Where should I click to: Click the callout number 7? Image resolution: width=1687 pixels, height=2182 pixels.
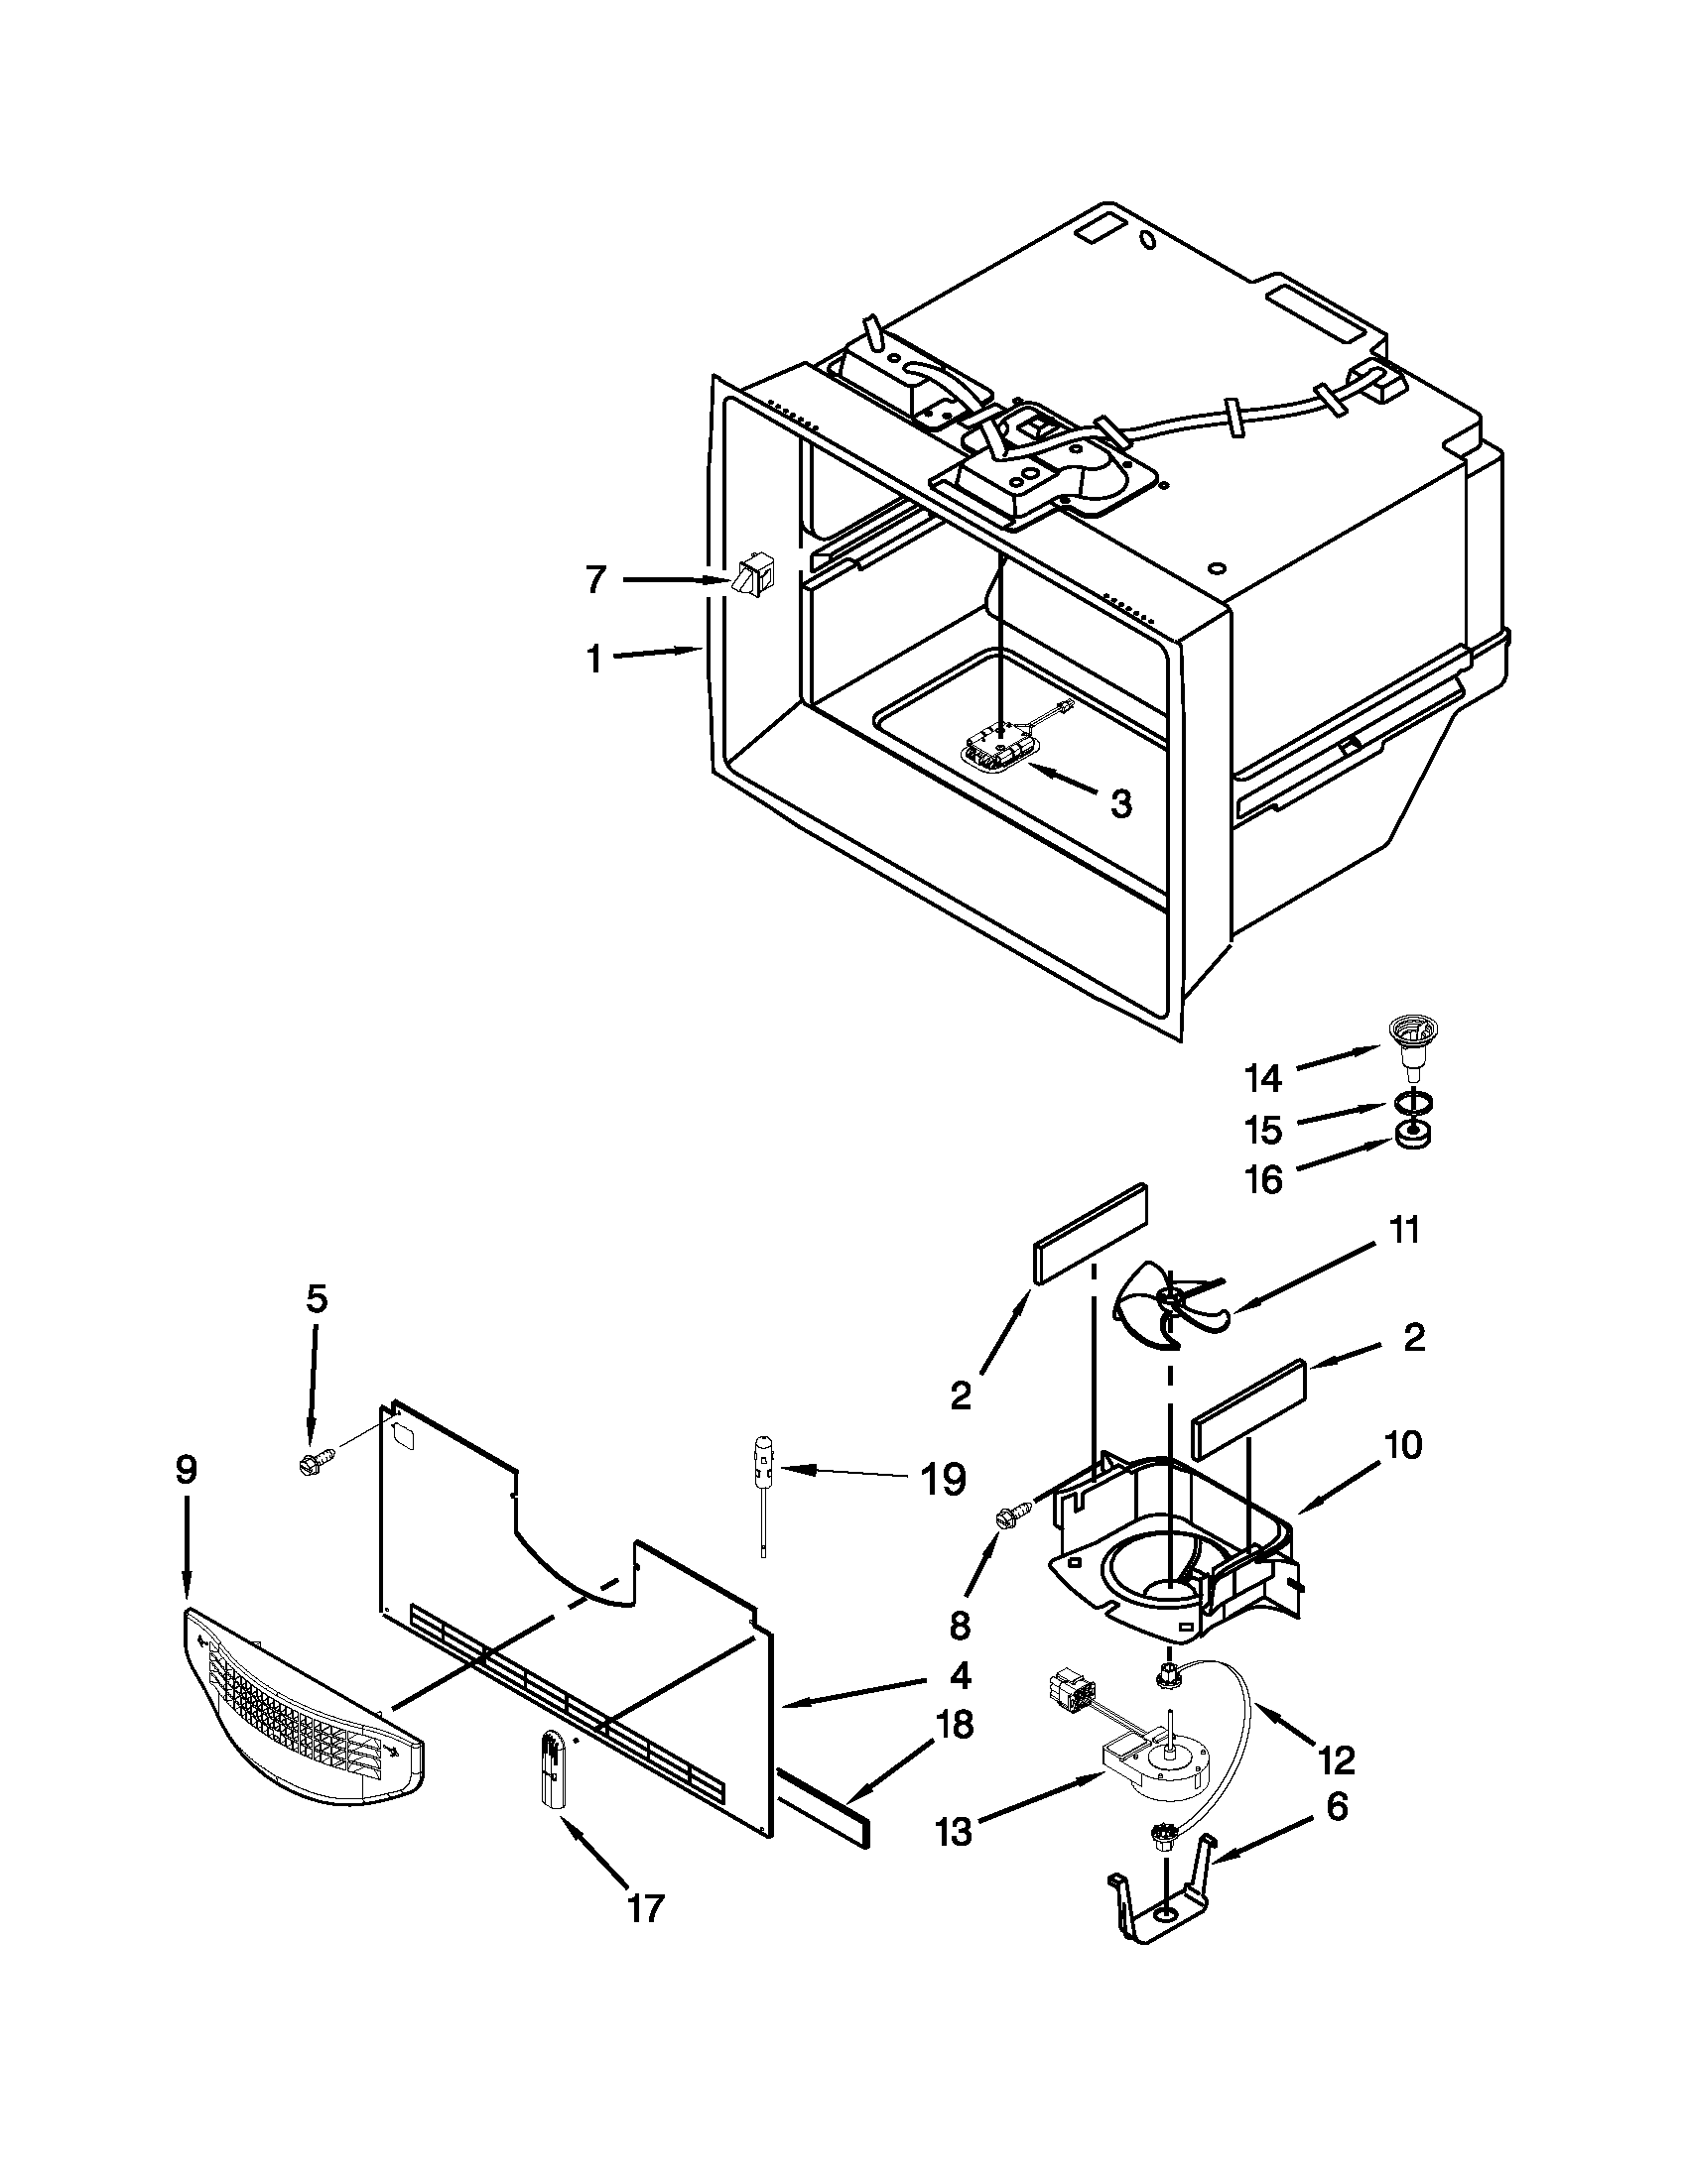[x=595, y=579]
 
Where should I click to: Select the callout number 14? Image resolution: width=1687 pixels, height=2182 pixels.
[x=1262, y=1078]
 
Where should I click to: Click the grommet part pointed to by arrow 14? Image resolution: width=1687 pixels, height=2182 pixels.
[x=1408, y=1042]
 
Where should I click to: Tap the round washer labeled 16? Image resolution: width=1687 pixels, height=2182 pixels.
[x=1409, y=1136]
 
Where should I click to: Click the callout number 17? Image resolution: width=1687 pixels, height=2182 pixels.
[x=646, y=1908]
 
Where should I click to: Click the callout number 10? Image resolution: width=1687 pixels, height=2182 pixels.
[x=1404, y=1446]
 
